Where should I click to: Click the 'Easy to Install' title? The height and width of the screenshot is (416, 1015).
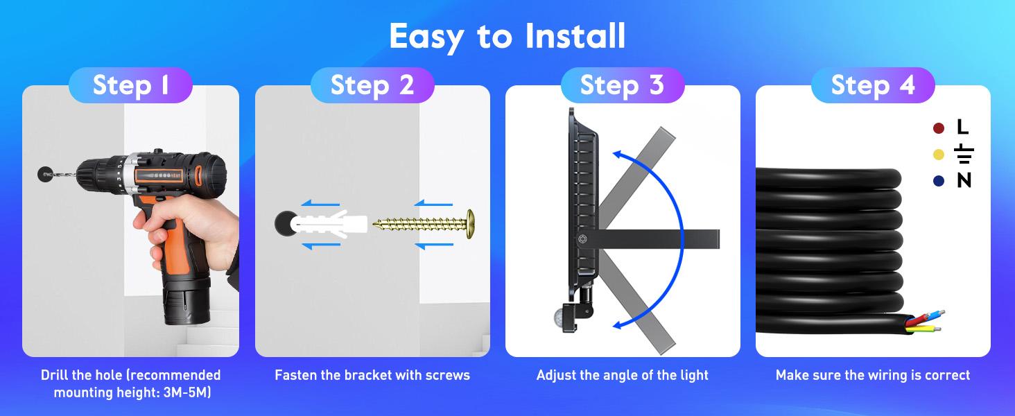[507, 36]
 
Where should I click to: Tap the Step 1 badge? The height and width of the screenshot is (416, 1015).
[130, 85]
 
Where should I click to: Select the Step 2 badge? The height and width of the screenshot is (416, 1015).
[372, 85]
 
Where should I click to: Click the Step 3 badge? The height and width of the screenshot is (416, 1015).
[622, 85]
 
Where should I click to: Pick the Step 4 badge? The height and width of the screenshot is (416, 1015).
[873, 85]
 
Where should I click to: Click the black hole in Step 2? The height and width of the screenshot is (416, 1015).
[284, 223]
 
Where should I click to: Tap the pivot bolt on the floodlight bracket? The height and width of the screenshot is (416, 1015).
[582, 239]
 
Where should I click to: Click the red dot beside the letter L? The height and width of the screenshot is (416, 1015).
[939, 128]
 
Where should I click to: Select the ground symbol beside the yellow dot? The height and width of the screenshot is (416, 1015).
[964, 153]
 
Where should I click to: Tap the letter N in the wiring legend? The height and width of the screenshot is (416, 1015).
[964, 180]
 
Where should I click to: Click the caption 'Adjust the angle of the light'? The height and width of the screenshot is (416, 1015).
[622, 375]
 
